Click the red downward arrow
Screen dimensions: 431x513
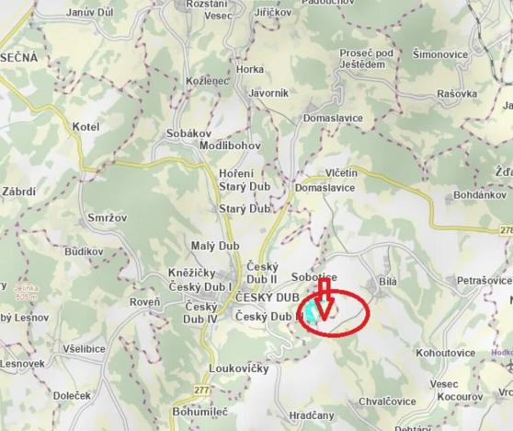[323, 297]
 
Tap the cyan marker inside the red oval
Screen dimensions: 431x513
[314, 315]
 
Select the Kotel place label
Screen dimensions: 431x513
[85, 125]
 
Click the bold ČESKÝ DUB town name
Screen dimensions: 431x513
[268, 297]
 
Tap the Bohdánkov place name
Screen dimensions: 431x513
[480, 196]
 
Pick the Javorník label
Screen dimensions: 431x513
[268, 93]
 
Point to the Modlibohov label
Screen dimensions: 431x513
[232, 147]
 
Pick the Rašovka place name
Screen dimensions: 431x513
[458, 93]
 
